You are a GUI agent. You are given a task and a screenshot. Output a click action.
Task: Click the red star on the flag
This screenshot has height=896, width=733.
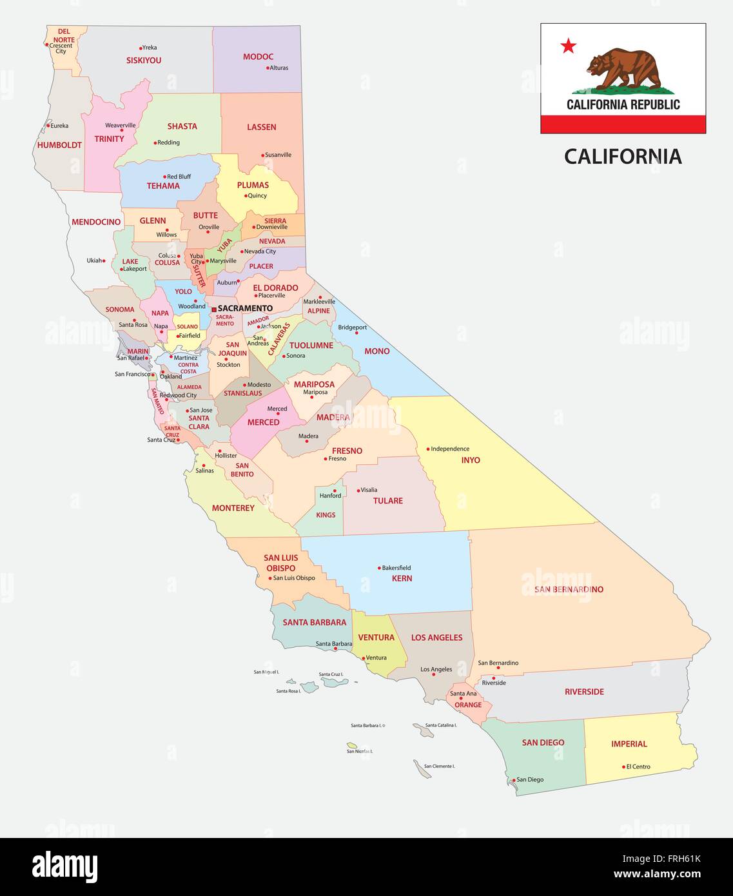(568, 46)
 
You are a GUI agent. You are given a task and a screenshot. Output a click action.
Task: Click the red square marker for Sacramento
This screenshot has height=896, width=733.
(214, 309)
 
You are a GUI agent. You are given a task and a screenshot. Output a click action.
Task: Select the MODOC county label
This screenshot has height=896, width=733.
(258, 57)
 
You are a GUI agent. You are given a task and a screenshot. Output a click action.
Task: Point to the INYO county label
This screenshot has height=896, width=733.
(471, 460)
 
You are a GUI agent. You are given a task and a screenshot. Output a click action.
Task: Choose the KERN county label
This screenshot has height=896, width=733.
(402, 578)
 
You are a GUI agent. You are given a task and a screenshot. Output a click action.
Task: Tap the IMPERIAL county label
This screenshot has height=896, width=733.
(629, 744)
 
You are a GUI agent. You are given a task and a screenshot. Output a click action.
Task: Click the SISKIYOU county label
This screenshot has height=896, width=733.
(144, 60)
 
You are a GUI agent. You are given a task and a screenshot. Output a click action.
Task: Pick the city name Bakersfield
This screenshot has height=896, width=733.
(396, 568)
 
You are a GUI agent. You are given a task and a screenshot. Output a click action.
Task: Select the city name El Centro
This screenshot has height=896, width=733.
(638, 767)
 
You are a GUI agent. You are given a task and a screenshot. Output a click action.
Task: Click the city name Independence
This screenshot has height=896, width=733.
(450, 449)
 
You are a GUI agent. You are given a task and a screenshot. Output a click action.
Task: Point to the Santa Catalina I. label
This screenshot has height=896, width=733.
(441, 725)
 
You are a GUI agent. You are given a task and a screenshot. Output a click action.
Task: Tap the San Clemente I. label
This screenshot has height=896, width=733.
(439, 766)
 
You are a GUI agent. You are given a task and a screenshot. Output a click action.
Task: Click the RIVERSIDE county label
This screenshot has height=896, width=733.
(584, 692)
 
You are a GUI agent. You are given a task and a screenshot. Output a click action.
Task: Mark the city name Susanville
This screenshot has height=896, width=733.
(279, 155)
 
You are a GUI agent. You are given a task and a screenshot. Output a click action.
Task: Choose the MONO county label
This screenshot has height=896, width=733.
(376, 351)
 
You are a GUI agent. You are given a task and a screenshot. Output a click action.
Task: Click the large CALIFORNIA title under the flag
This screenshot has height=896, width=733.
(623, 157)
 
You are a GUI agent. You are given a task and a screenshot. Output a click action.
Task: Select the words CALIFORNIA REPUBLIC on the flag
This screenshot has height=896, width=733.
(623, 104)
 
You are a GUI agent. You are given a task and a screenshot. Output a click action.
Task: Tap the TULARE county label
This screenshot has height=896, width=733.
(387, 501)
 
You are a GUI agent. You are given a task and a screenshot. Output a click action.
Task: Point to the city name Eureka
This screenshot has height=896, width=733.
(59, 126)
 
